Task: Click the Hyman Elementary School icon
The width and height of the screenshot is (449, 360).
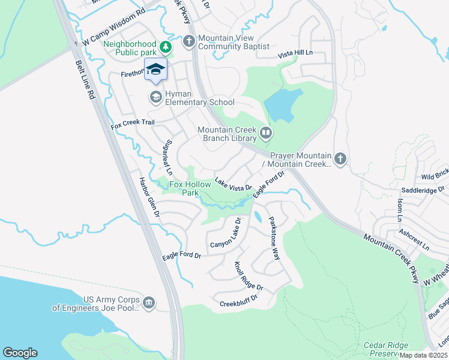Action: pos(155,97)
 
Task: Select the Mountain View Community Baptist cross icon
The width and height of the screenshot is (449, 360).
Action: pos(189,41)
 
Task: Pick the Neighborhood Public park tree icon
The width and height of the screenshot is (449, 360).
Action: pos(166,46)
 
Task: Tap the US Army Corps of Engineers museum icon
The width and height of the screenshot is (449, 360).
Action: pos(149,302)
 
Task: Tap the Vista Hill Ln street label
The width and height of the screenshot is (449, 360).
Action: pos(295,54)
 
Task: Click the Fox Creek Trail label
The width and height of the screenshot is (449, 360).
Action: pos(133,125)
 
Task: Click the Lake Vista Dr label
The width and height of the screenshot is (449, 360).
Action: pos(233,184)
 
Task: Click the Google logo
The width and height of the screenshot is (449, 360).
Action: pos(20,353)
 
